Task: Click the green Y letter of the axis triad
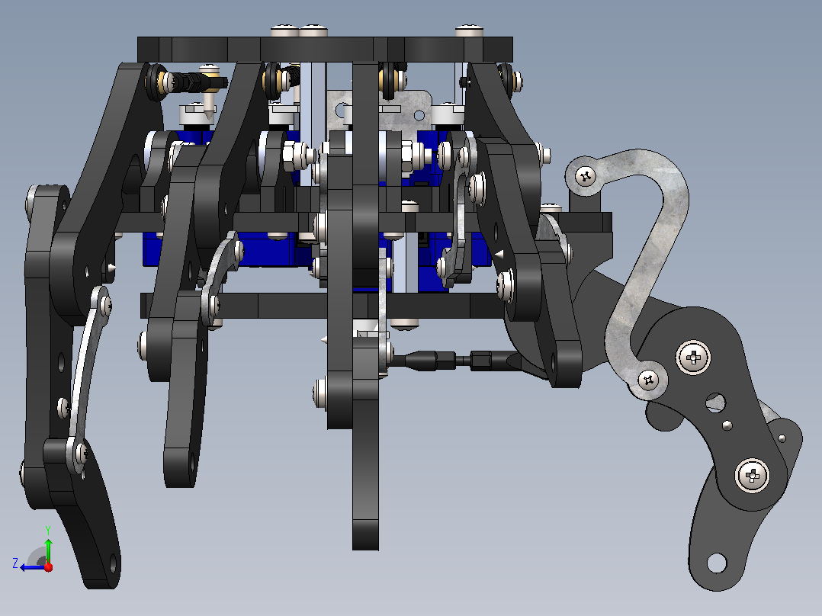point(48,530)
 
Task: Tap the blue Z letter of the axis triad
point(15,563)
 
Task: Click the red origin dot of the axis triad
point(48,567)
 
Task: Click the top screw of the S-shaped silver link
point(586,177)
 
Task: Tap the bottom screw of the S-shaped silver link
point(648,380)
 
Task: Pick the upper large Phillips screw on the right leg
point(694,358)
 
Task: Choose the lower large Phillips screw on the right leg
point(753,476)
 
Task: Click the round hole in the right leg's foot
point(716,563)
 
